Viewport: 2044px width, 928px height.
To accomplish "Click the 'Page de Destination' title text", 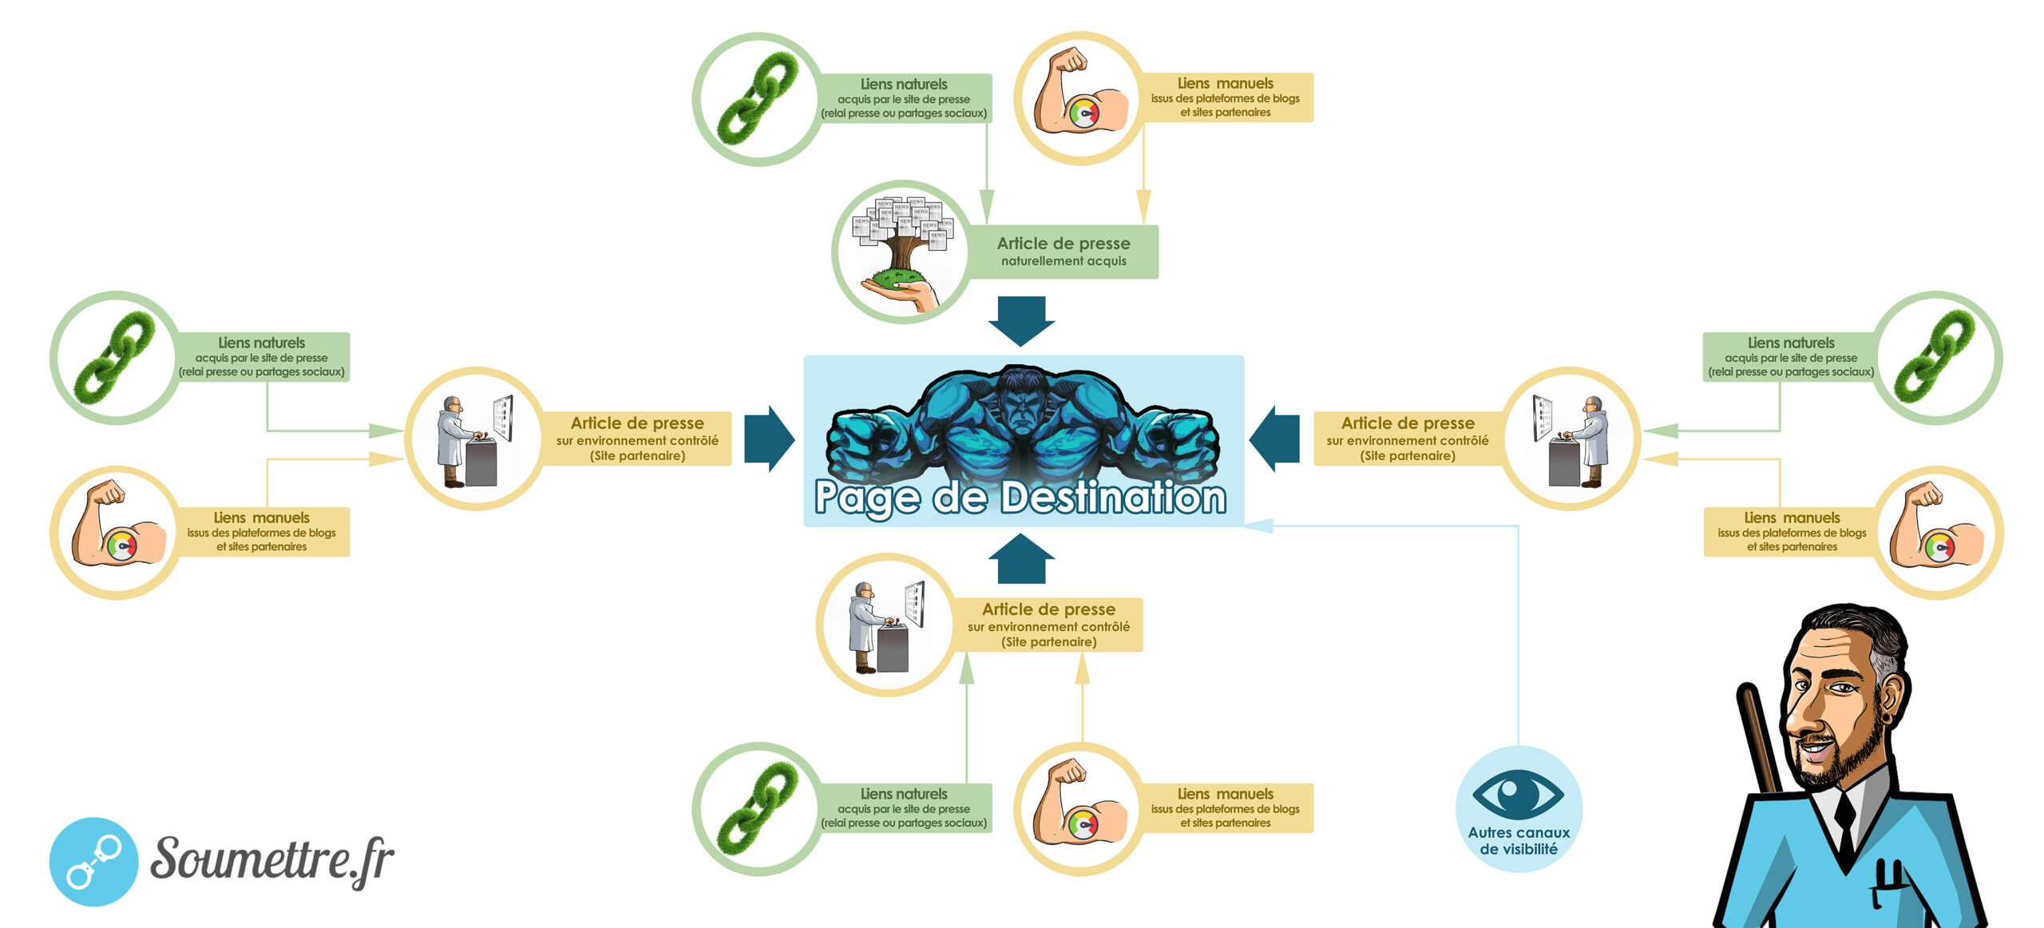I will point(1020,498).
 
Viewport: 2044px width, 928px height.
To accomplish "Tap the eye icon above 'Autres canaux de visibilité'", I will point(1517,794).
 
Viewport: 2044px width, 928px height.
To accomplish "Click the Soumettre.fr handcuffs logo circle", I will point(93,861).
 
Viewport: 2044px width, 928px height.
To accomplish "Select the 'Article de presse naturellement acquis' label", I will point(1063,252).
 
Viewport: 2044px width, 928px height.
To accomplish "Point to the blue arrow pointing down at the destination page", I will point(1021,319).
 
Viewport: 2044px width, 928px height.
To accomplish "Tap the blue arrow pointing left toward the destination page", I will point(1274,438).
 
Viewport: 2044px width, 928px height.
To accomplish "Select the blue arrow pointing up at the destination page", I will point(1021,559).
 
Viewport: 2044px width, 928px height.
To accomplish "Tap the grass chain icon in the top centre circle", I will point(757,99).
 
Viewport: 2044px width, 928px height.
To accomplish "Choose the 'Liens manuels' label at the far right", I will point(1791,531).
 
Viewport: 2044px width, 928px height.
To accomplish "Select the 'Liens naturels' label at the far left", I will point(262,356).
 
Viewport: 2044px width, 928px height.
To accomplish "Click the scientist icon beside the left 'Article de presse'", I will point(474,438).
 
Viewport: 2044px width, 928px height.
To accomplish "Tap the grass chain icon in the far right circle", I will point(1935,357).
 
